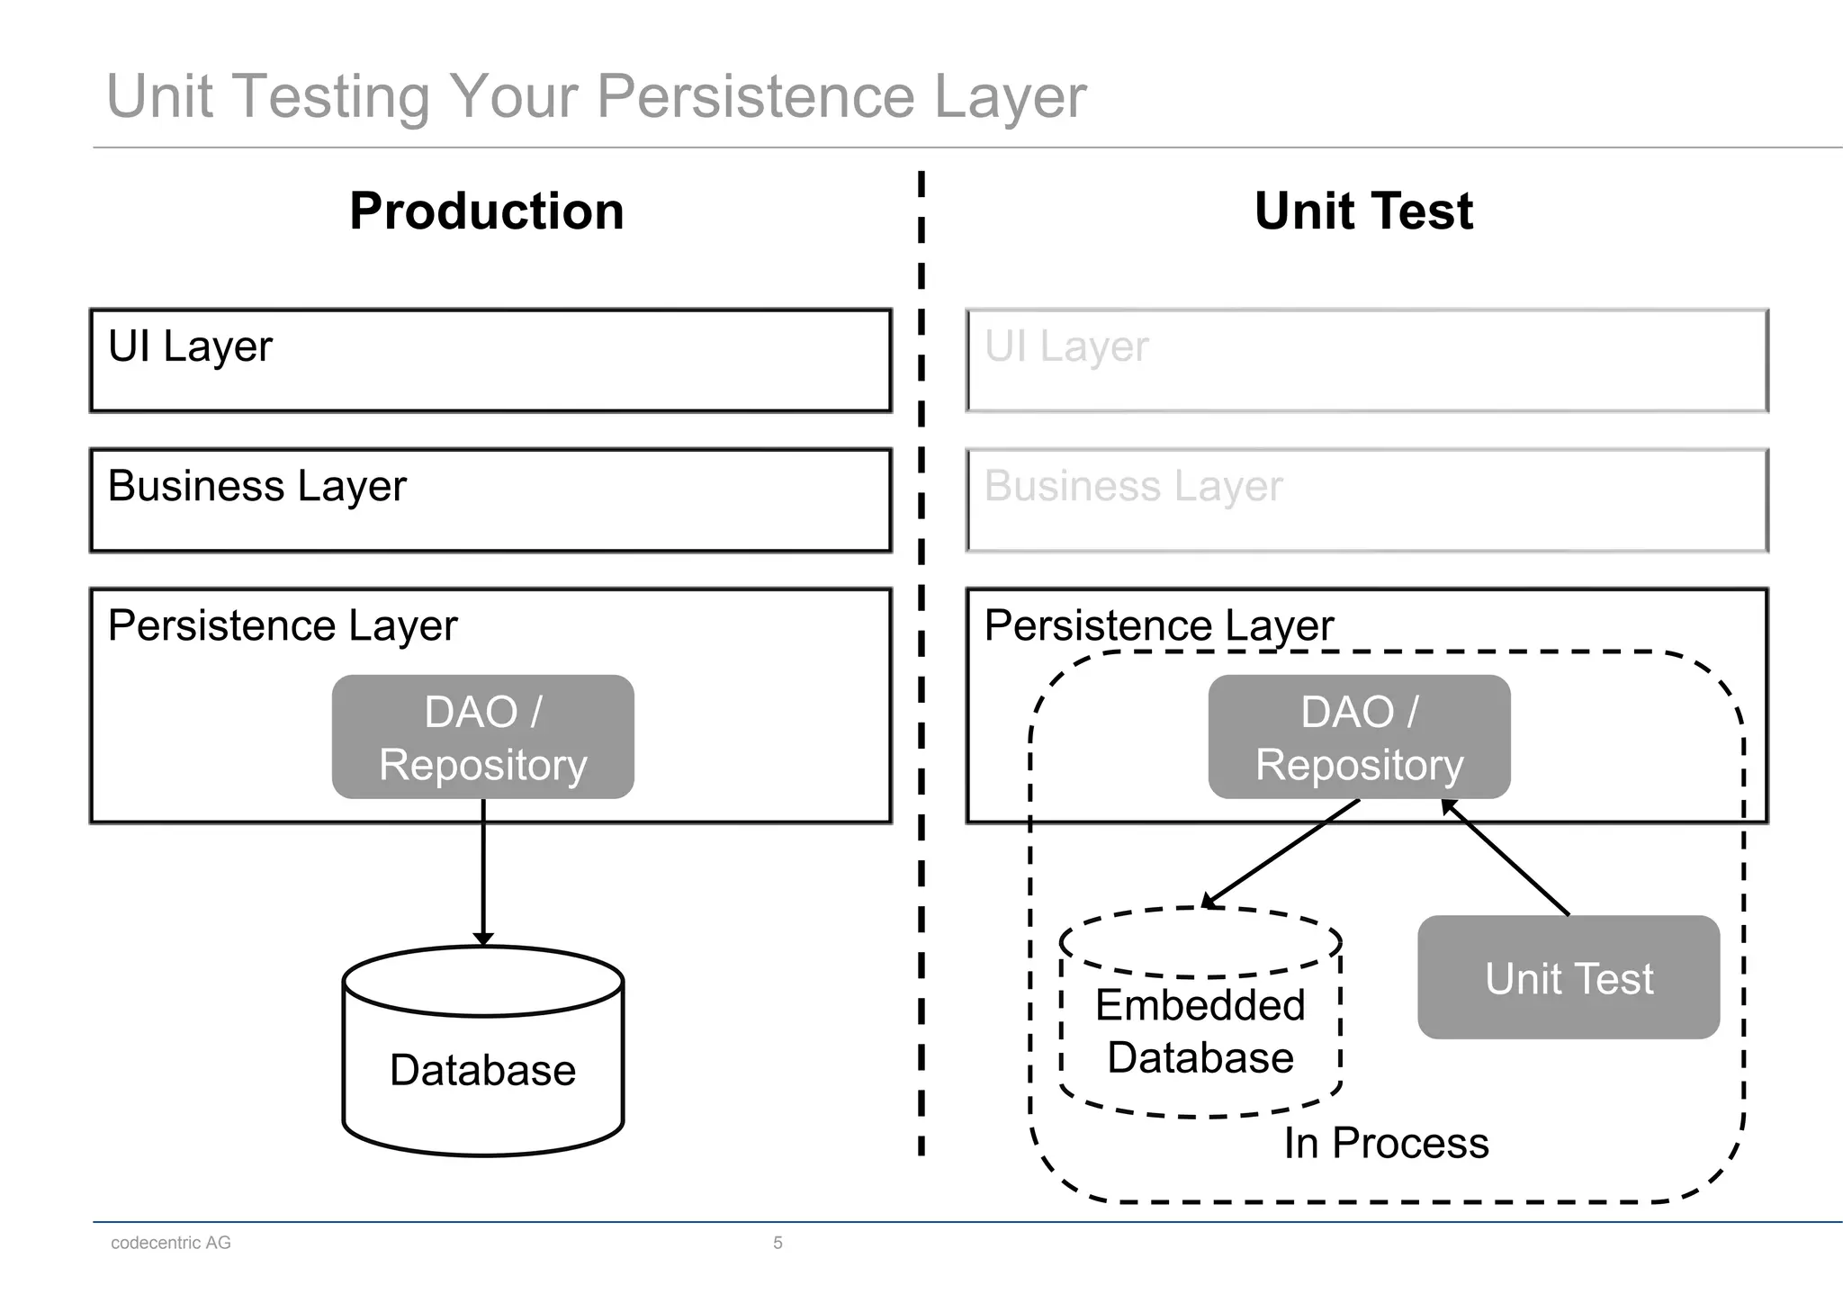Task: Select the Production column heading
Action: (486, 211)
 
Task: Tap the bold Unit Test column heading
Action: (1363, 211)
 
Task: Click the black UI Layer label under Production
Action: (190, 346)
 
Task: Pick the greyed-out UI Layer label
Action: (1066, 346)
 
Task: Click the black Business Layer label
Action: (256, 486)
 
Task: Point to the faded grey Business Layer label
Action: (1133, 486)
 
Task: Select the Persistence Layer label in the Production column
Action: (282, 625)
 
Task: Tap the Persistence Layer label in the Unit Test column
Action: (1158, 625)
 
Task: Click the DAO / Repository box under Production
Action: (483, 737)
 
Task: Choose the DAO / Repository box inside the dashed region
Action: (1359, 737)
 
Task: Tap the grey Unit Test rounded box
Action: (1569, 978)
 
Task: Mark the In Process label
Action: (1386, 1143)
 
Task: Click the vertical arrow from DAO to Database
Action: (483, 868)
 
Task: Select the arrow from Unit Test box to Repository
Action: (1507, 858)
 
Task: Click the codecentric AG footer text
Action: (171, 1243)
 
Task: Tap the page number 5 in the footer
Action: (778, 1243)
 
